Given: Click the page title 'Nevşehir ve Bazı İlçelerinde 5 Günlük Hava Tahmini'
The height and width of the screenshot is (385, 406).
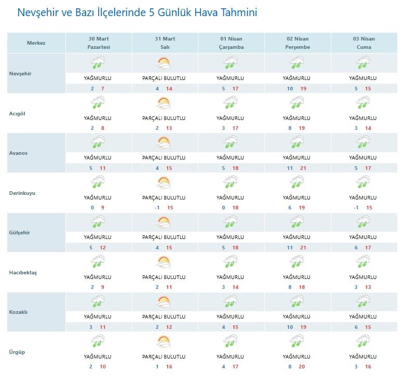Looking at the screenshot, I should tap(137, 12).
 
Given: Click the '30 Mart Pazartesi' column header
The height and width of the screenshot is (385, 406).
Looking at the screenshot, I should tap(99, 43).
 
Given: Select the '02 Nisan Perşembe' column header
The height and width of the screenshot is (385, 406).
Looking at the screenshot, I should tap(297, 43).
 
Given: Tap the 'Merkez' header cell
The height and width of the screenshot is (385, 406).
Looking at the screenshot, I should tap(36, 43).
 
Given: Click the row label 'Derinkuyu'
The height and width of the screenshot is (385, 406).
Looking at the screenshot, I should tap(22, 193).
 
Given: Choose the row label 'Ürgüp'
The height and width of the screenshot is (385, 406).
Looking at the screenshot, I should tap(17, 352).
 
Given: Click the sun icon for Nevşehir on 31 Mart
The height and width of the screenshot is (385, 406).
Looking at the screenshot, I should tap(164, 63).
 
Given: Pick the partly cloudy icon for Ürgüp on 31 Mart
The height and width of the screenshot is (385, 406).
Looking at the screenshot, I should tap(164, 342).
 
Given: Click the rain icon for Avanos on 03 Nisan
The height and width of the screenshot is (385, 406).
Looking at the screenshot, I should tap(363, 143).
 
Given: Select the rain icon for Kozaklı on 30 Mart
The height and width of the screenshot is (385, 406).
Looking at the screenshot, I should tap(98, 302).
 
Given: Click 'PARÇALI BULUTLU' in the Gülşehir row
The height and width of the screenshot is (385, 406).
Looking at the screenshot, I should tap(164, 237).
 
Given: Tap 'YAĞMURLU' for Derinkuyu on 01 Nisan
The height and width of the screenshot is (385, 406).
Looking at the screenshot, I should tap(230, 197).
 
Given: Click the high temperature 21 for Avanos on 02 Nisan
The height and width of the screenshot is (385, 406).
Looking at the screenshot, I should tap(304, 168).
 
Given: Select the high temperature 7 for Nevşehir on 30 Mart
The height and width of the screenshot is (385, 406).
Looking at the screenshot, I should tap(103, 89).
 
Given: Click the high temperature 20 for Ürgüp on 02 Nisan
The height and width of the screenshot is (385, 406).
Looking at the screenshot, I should tap(304, 367).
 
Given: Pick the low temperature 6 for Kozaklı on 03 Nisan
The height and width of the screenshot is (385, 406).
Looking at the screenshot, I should tap(356, 327).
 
